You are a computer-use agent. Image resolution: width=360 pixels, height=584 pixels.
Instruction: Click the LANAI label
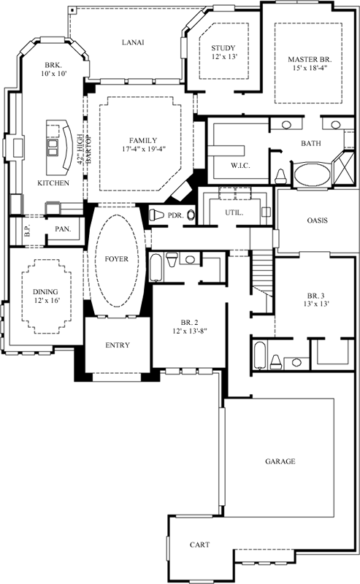point(132,42)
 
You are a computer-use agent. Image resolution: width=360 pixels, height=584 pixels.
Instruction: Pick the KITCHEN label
point(53,182)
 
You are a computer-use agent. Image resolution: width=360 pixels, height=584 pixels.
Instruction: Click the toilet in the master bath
point(281,176)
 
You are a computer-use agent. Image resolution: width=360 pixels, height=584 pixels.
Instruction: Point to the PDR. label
point(175,215)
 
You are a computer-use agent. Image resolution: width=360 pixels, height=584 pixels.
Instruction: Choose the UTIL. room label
point(233,213)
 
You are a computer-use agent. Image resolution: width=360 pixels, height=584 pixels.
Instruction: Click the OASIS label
point(317,220)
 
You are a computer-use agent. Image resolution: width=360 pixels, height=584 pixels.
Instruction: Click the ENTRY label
point(118,345)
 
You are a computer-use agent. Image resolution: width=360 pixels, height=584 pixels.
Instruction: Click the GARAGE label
point(280,461)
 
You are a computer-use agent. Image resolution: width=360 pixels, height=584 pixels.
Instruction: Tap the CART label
point(200,545)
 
